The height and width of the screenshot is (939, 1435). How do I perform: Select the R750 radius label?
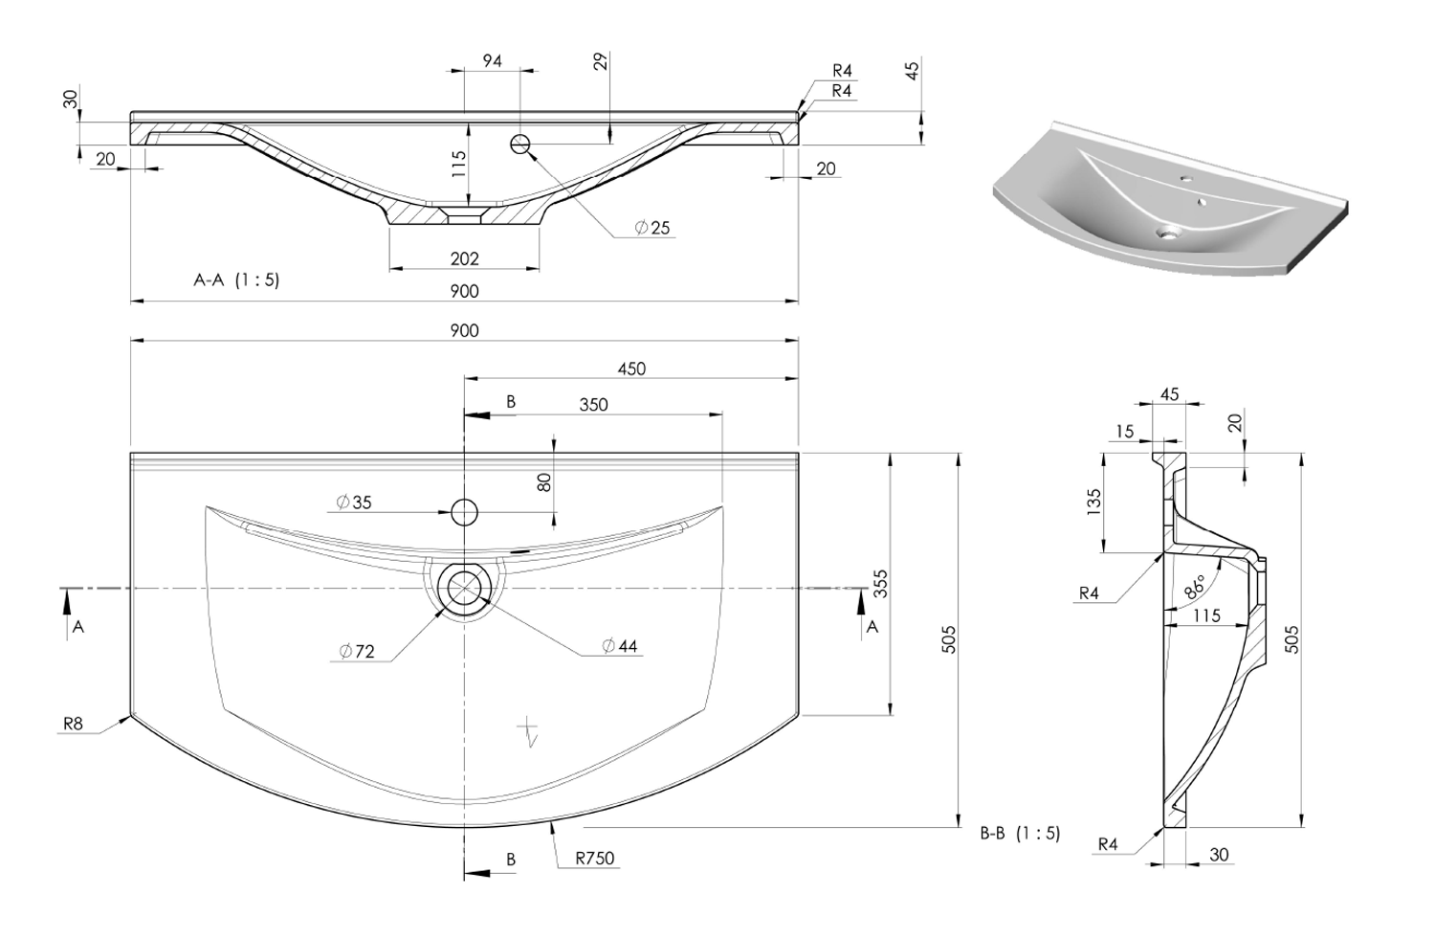[x=594, y=859]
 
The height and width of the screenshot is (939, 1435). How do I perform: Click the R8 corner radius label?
[x=73, y=725]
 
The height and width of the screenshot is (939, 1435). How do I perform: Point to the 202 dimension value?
[x=464, y=258]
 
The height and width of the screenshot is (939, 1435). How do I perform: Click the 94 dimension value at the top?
[x=492, y=61]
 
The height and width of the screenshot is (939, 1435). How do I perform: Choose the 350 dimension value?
[x=593, y=405]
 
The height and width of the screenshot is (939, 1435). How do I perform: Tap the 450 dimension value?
[x=631, y=369]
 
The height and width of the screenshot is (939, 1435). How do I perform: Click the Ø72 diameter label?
[x=357, y=651]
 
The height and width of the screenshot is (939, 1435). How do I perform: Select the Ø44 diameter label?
[x=620, y=645]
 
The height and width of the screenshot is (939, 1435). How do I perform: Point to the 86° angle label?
[x=1194, y=587]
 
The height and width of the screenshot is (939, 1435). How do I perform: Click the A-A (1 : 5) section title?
[x=236, y=280]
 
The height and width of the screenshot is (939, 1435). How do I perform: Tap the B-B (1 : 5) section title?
[x=1021, y=834]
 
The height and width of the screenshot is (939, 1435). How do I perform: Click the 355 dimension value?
[x=881, y=583]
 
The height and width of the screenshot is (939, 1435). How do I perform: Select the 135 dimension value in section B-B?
[x=1093, y=503]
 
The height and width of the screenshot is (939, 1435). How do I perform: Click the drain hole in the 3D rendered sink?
[x=1168, y=232]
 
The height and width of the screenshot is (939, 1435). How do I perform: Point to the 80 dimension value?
[x=544, y=482]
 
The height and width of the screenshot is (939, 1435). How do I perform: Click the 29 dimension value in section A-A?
[x=600, y=61]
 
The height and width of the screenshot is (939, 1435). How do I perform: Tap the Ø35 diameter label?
[x=354, y=502]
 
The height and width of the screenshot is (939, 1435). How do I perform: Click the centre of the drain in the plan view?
[x=464, y=588]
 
